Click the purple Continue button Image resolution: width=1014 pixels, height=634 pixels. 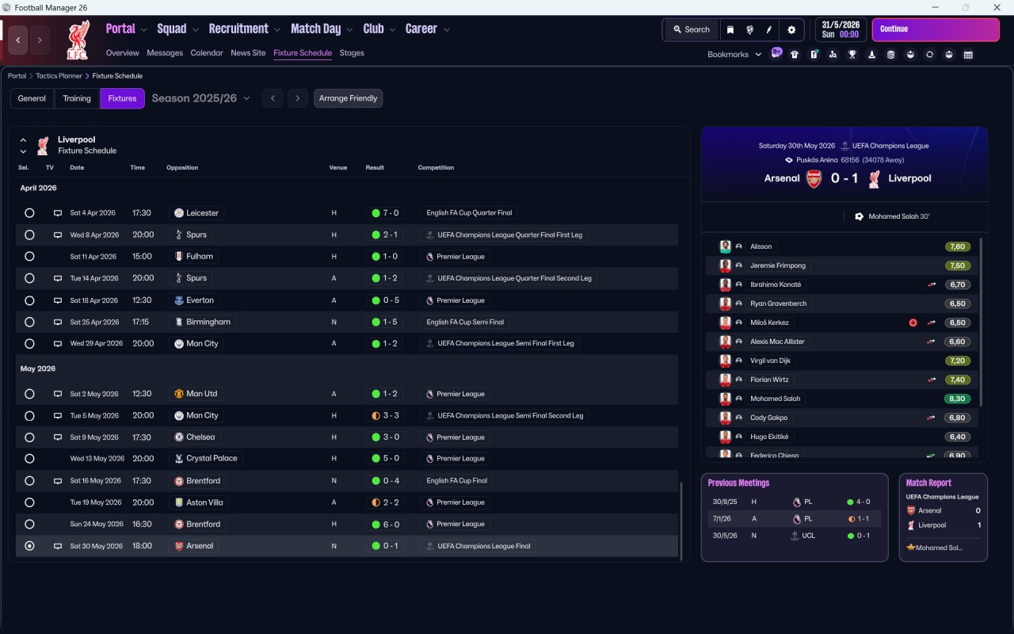[935, 29]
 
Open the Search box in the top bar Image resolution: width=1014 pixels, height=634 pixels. [691, 29]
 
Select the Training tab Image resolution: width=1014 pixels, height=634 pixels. [77, 98]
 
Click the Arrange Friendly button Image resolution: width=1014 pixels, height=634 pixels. [348, 98]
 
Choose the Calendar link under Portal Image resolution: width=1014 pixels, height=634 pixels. [207, 53]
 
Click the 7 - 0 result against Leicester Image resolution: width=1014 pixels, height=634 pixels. [385, 213]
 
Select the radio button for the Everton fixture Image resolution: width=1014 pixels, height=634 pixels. [29, 300]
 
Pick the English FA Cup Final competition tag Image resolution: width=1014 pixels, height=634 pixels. [457, 481]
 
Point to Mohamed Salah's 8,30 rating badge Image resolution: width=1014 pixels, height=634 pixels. [957, 399]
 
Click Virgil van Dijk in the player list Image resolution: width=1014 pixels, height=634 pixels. [770, 361]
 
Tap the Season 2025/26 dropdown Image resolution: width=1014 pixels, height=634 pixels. [200, 98]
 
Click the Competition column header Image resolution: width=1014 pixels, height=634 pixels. [436, 168]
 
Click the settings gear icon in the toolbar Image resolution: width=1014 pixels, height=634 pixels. [791, 29]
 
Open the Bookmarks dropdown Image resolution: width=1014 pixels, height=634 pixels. [734, 55]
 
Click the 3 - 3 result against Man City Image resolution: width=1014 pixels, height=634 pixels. [385, 415]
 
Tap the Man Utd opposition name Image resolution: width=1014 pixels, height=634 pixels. [201, 394]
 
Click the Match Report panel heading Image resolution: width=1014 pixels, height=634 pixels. [928, 483]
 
